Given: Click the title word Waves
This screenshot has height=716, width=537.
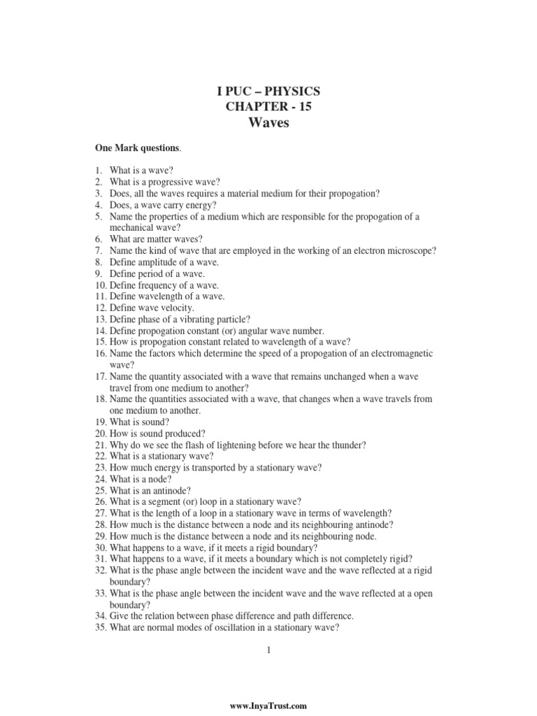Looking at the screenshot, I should tap(268, 124).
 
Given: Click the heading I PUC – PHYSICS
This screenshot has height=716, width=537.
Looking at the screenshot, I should tap(268, 92).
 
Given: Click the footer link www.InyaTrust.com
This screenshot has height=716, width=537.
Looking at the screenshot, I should tap(268, 707).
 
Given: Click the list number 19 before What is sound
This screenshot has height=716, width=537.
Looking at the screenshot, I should tap(101, 422).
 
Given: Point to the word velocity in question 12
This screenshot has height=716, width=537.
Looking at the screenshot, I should tap(177, 308).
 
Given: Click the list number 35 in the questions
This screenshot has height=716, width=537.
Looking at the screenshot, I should tap(101, 627).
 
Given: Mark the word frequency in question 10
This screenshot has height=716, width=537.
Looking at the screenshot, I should tap(159, 285).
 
